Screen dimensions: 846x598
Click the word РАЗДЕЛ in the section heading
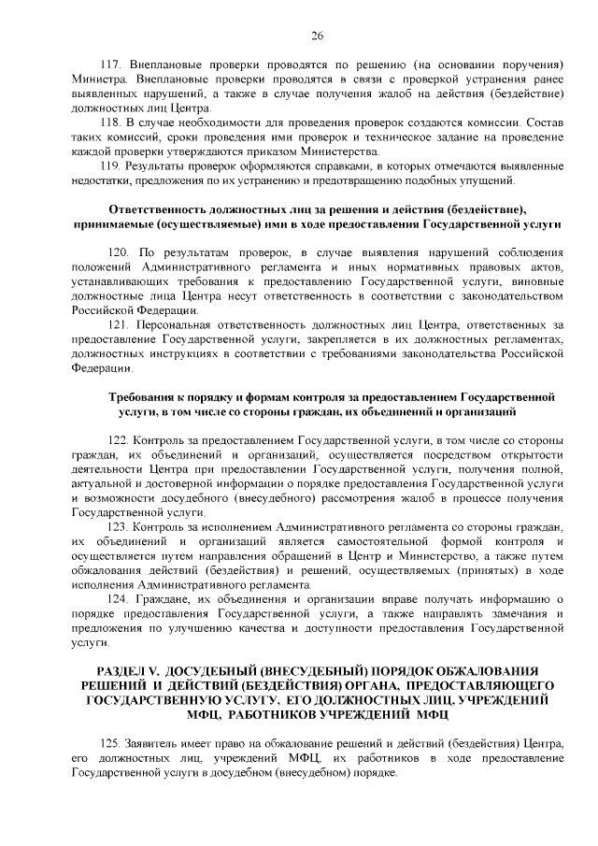click(126, 670)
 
